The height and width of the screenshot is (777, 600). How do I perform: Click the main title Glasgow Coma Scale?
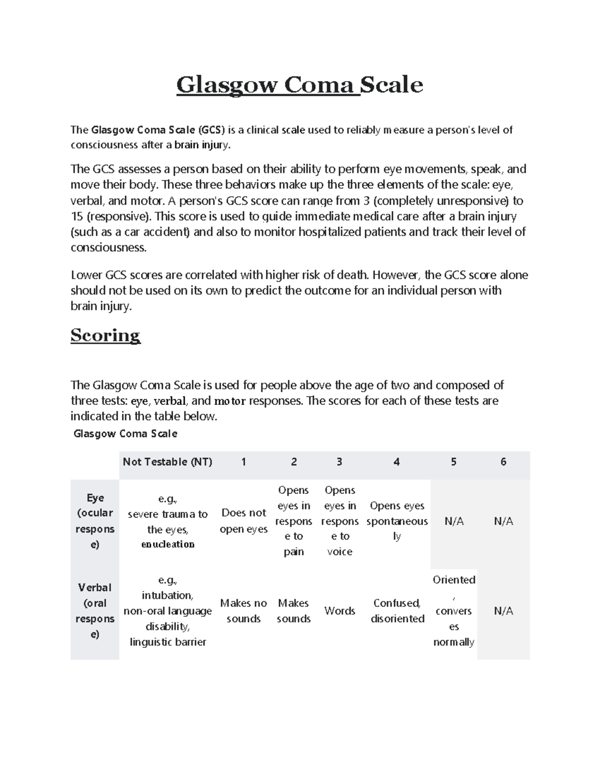tap(299, 85)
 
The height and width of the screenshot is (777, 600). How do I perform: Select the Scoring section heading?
tap(105, 335)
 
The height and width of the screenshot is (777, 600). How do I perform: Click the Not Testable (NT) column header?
tap(167, 462)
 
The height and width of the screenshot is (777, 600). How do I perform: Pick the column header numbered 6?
tap(503, 462)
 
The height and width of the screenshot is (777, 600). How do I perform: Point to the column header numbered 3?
tap(339, 462)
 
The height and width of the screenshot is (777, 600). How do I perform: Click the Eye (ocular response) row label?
tap(95, 521)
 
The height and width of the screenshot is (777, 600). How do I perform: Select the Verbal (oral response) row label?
tap(95, 610)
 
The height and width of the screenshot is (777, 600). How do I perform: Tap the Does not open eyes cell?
tap(243, 521)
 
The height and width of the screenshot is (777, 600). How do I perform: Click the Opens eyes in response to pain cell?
tap(294, 521)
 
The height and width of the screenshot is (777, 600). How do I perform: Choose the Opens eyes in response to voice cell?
tap(339, 521)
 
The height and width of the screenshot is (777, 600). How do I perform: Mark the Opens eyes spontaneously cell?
tap(397, 521)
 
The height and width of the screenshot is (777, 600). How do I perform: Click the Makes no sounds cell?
tap(243, 611)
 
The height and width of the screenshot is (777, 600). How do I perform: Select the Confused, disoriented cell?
tap(397, 611)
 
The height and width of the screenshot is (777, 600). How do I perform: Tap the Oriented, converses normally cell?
tap(453, 611)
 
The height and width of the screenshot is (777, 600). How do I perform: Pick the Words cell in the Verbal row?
tap(339, 611)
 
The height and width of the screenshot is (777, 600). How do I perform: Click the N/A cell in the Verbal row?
tap(503, 611)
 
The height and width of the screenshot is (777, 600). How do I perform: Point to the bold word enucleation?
tap(168, 544)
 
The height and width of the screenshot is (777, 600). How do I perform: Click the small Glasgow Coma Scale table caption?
tap(125, 434)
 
